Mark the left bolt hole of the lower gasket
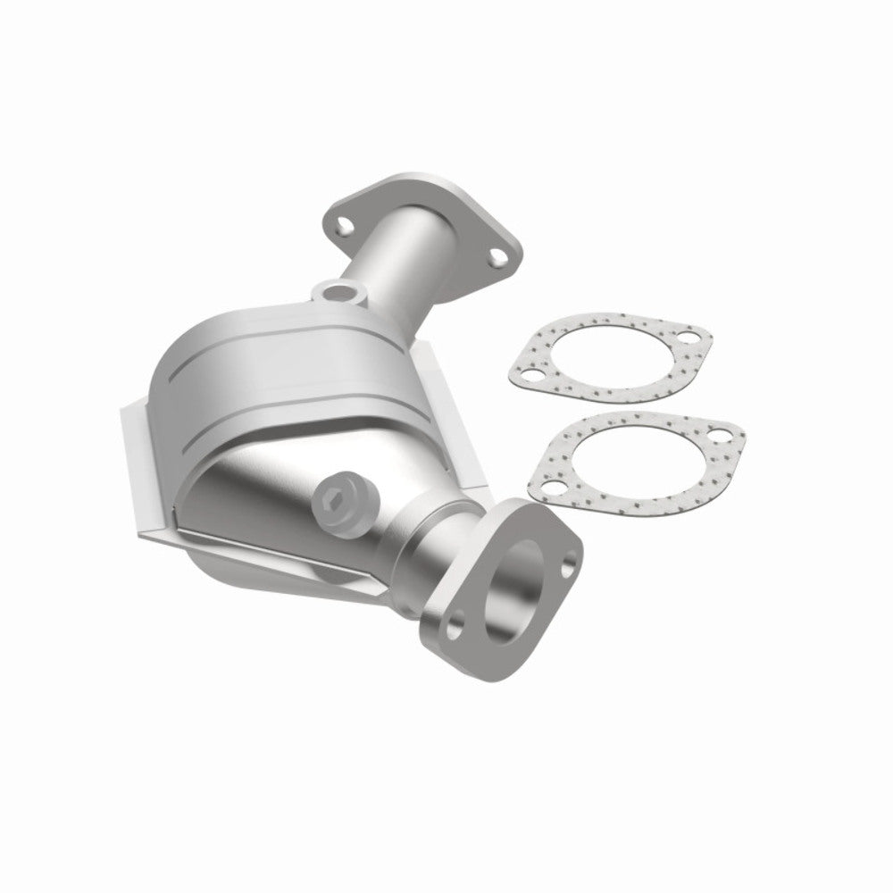(x=555, y=488)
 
